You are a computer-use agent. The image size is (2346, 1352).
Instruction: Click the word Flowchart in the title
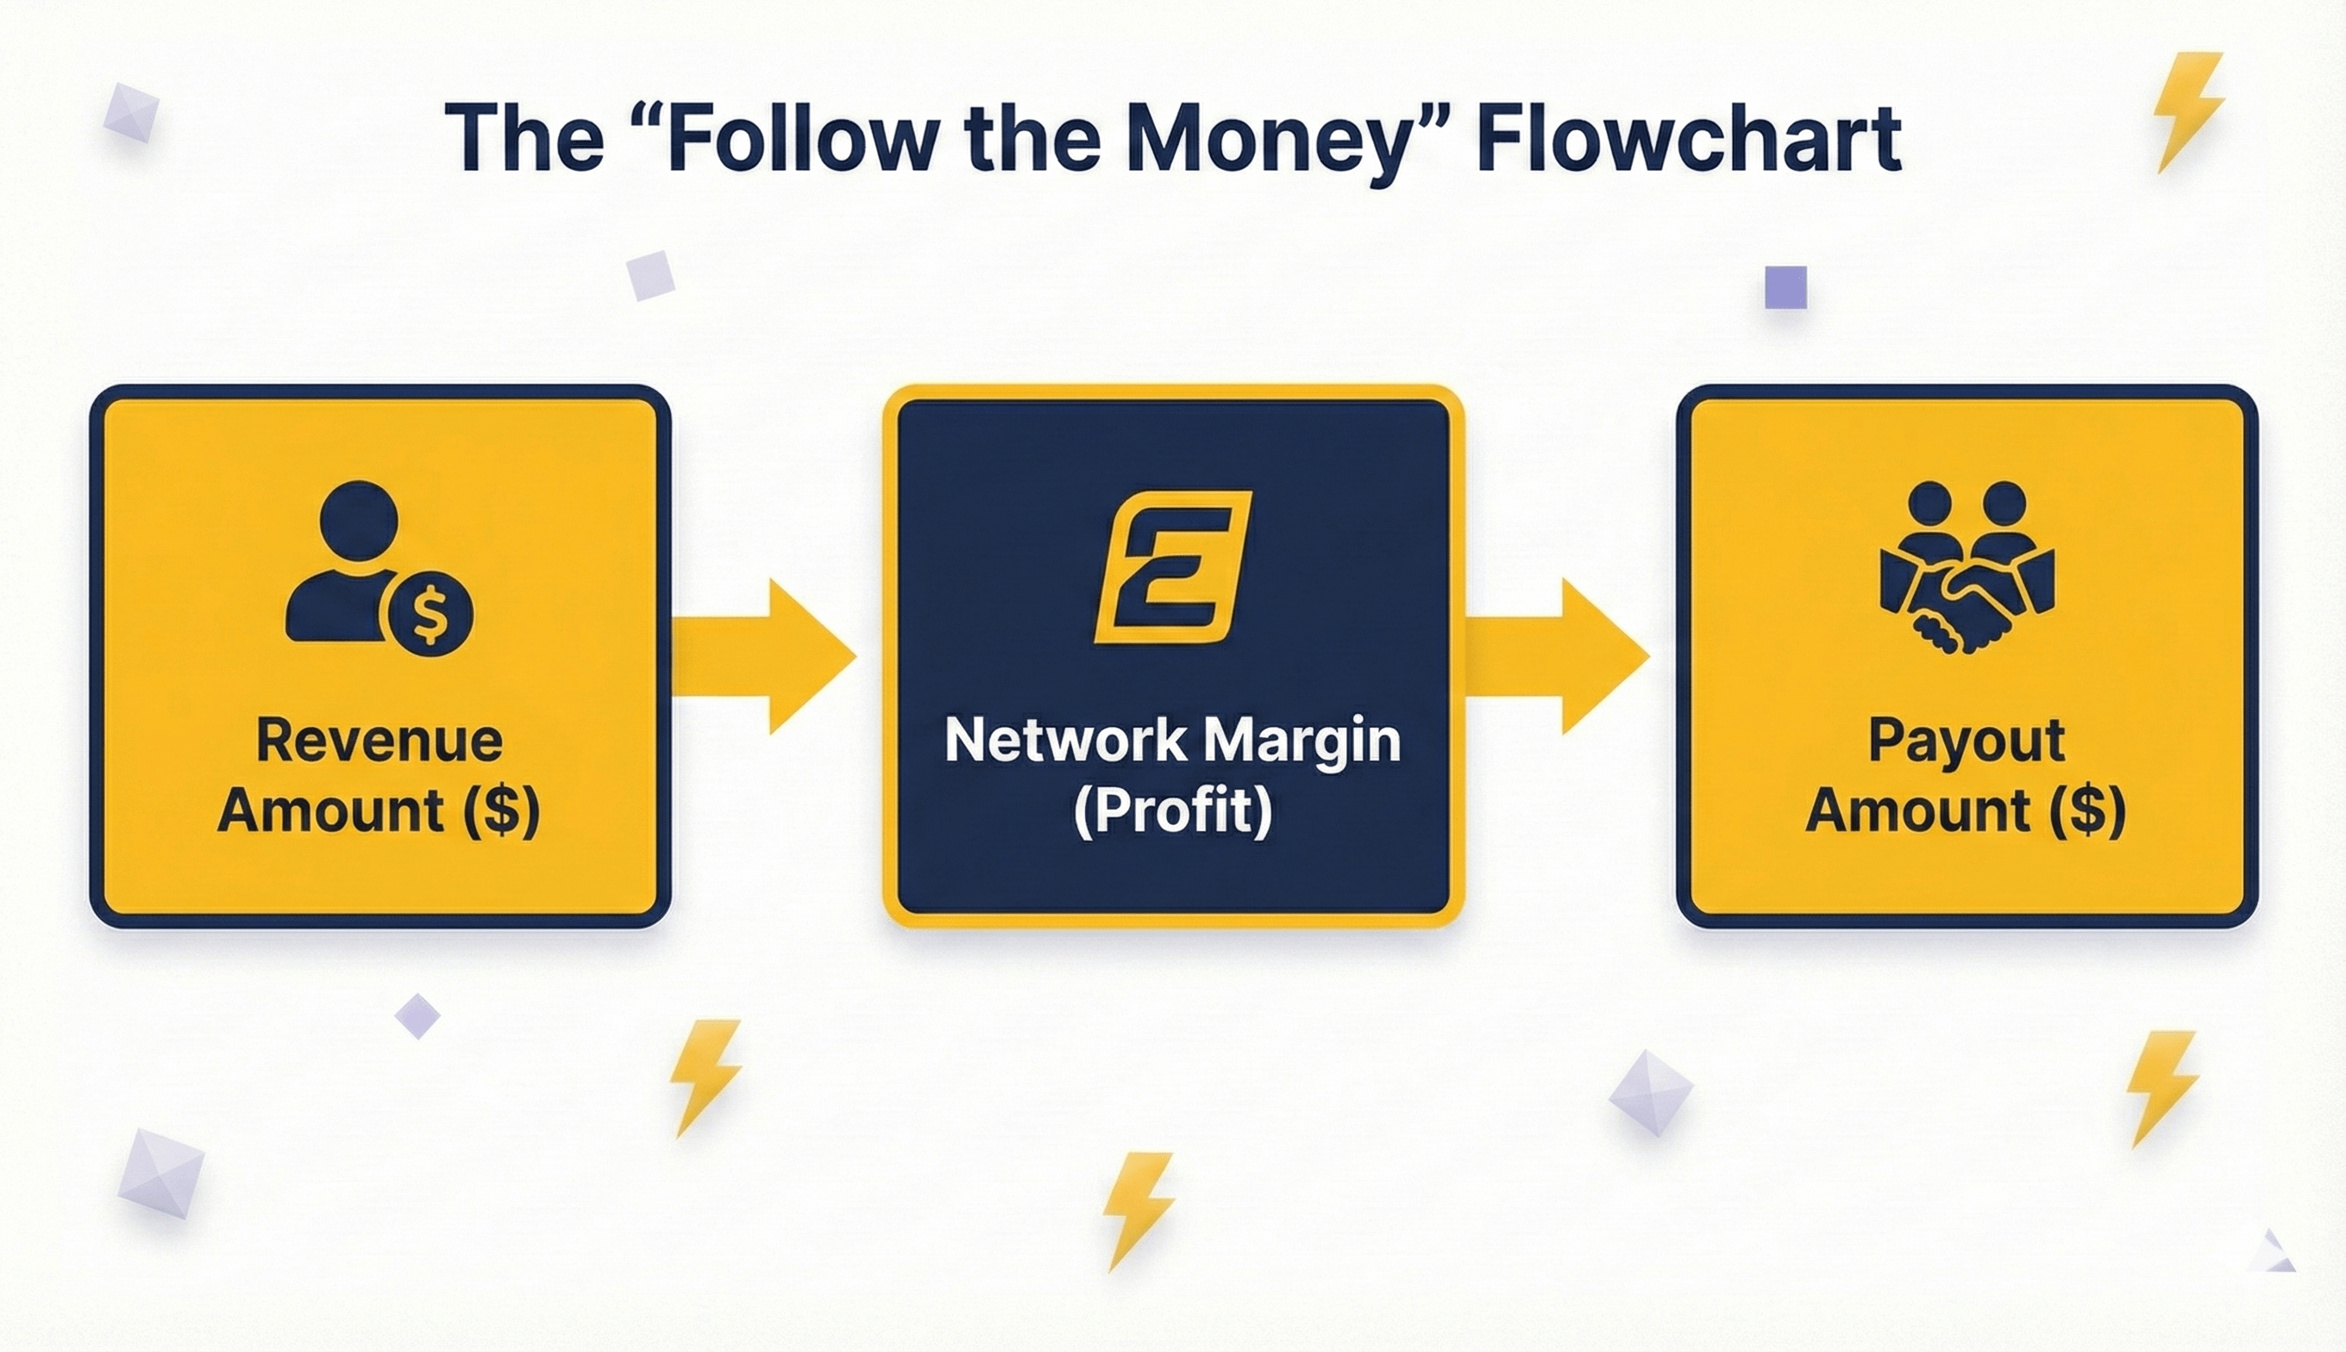pos(1688,140)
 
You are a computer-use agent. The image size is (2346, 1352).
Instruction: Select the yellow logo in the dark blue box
pos(1173,566)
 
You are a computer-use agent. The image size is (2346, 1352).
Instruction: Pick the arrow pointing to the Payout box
pos(1557,655)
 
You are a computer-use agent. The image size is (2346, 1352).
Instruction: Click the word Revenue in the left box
pos(379,740)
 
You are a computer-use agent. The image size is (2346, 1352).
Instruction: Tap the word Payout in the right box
pos(1966,740)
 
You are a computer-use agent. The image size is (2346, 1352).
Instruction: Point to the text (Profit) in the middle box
pos(1172,811)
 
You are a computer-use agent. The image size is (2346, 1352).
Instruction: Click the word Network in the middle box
pos(1065,740)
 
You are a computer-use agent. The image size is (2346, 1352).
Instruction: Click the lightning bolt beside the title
pos(2188,111)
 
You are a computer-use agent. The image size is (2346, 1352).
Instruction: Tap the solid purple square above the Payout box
pos(1785,287)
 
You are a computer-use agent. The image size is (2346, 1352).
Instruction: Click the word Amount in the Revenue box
pos(330,811)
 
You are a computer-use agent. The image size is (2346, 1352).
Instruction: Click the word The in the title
pos(524,140)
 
